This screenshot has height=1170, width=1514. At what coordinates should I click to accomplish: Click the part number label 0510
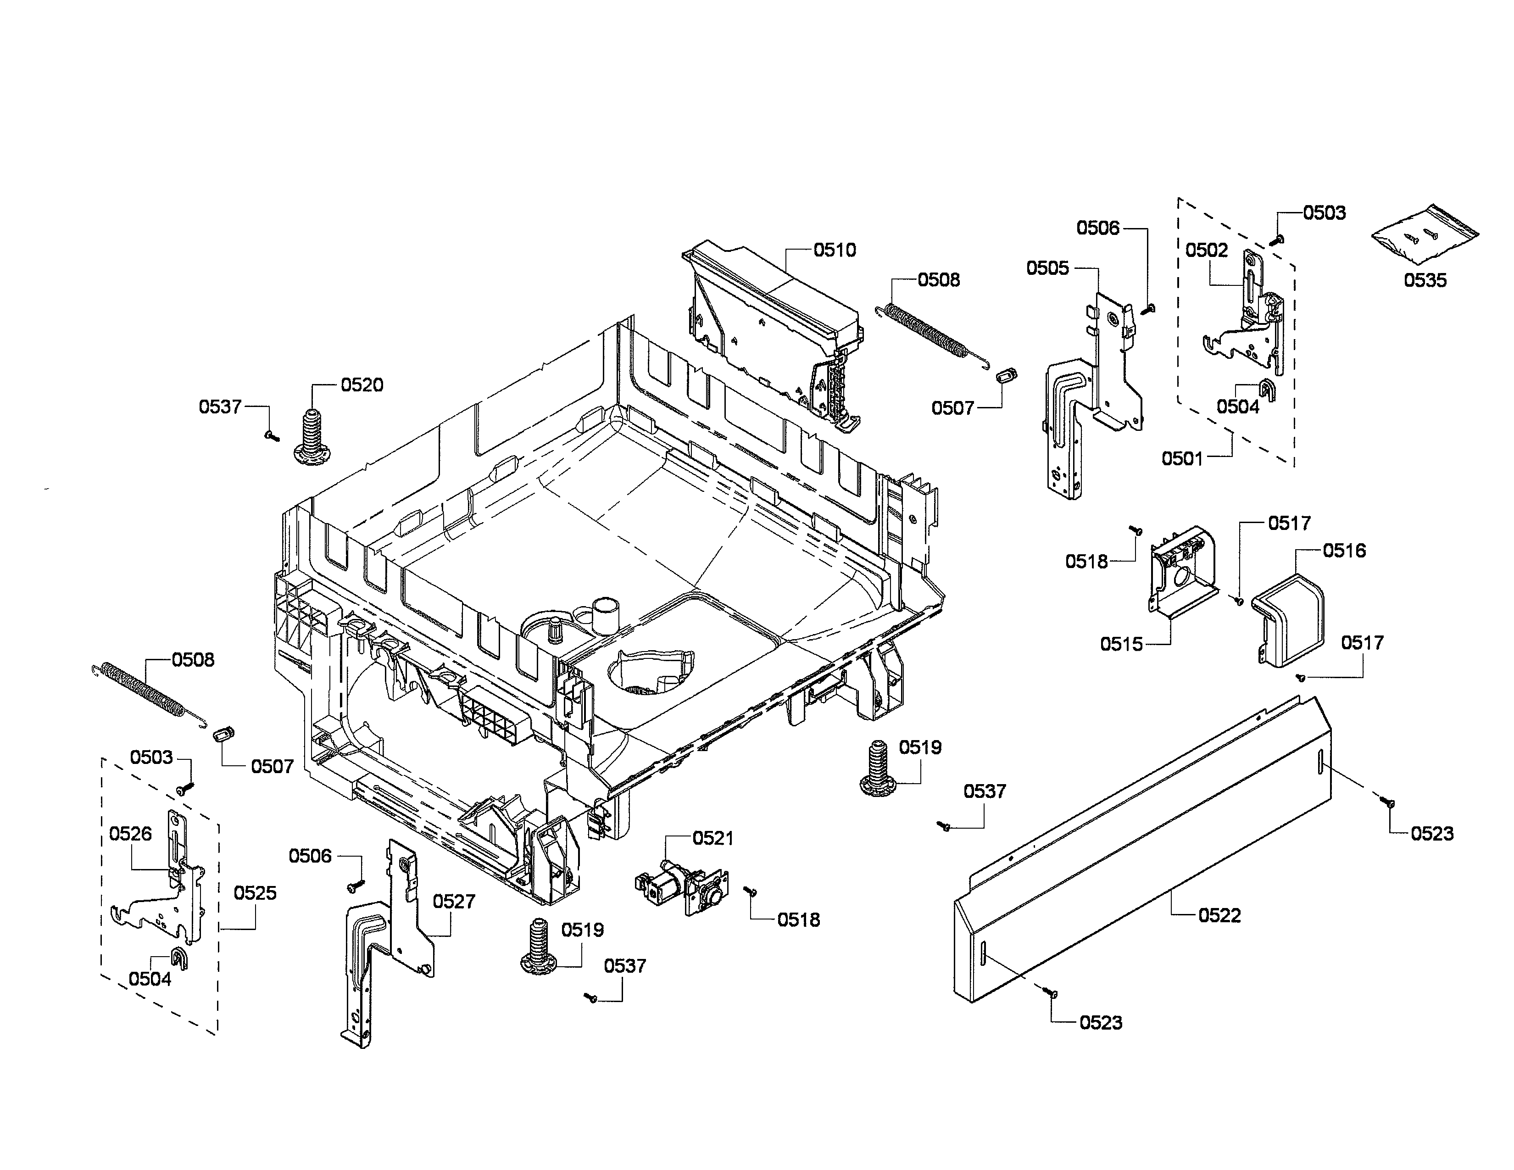(x=834, y=250)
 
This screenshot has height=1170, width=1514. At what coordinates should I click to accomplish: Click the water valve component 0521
(x=682, y=889)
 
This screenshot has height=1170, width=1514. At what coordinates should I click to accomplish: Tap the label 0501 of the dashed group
(x=1182, y=458)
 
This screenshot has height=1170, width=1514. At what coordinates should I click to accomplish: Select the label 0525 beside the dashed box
(x=255, y=893)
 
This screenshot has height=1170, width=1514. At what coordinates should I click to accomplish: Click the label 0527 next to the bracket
(x=454, y=901)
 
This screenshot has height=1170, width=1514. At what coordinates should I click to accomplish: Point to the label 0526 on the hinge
(x=130, y=833)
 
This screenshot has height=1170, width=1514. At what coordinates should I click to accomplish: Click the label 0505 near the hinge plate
(x=1047, y=268)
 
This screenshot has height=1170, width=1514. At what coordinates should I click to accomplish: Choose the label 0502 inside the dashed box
(x=1206, y=250)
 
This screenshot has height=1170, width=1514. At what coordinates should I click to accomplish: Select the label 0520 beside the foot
(x=362, y=384)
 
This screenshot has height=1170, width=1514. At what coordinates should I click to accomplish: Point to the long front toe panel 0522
(x=1144, y=852)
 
